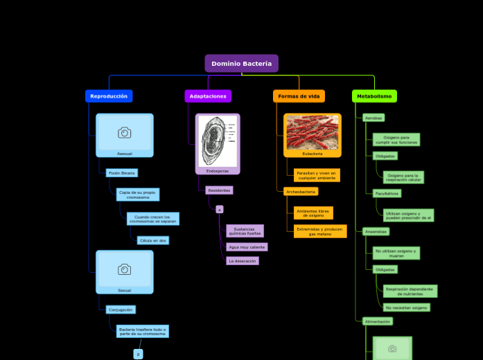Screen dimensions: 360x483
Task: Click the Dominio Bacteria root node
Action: point(241,64)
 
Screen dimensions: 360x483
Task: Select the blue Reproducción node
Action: point(109,96)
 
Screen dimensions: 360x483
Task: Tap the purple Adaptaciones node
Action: point(208,96)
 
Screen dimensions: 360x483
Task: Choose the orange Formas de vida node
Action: point(299,96)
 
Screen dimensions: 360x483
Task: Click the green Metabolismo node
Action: point(374,96)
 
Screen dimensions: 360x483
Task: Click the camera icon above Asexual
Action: point(125,132)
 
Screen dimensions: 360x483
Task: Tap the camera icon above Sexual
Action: point(125,269)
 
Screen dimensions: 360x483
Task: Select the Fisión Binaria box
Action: point(122,173)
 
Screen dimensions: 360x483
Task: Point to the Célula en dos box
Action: point(152,240)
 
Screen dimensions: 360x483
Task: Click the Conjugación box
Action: point(121,309)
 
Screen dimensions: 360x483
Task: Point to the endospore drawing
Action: point(218,141)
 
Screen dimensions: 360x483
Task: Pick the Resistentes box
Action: point(218,190)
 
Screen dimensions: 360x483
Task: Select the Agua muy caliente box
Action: point(247,246)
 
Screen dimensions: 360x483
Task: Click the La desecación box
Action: point(243,261)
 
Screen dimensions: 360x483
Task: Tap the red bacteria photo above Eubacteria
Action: point(313,132)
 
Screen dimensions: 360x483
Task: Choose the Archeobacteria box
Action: point(300,192)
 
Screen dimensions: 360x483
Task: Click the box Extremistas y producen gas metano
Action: point(319,231)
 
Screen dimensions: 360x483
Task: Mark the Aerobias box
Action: point(374,118)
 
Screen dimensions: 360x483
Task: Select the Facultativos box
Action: point(387,194)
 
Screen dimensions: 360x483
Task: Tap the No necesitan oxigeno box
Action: point(406,307)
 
